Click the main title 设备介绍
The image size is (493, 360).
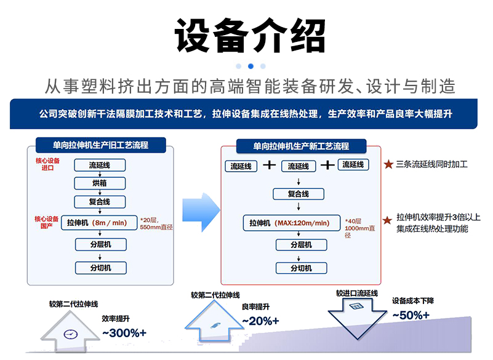[250, 36]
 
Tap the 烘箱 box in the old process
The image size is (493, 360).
[100, 183]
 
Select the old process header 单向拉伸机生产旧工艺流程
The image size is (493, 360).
[100, 146]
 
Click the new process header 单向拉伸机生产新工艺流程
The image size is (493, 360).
[301, 146]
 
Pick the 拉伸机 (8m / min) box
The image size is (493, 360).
[100, 223]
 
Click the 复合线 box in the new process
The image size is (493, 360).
[299, 194]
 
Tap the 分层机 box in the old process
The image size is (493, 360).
[100, 245]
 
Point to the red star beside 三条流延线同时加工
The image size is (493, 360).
[388, 164]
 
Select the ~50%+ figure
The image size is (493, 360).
[411, 315]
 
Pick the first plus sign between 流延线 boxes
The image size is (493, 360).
[269, 166]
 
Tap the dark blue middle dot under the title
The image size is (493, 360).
[251, 66]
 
